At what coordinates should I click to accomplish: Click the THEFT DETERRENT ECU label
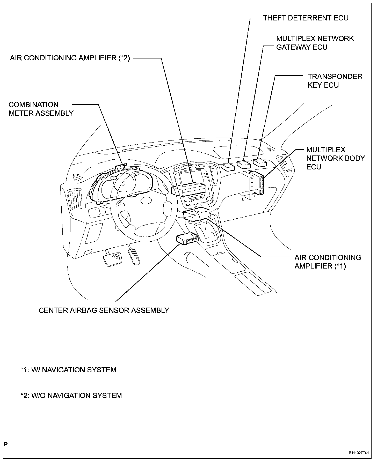pyautogui.click(x=306, y=18)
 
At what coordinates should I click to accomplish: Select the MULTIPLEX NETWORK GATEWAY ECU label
pyautogui.click(x=315, y=43)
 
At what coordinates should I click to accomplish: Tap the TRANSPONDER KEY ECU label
pyautogui.click(x=335, y=81)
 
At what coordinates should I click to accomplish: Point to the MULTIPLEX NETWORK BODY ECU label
pyautogui.click(x=335, y=158)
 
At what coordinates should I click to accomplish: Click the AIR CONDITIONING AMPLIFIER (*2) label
pyautogui.click(x=70, y=58)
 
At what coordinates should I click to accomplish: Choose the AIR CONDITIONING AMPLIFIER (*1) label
pyautogui.click(x=328, y=262)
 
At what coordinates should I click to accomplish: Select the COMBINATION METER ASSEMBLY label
pyautogui.click(x=41, y=109)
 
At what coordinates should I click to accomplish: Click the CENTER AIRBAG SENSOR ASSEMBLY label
pyautogui.click(x=104, y=310)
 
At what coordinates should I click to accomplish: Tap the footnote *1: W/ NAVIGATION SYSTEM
pyautogui.click(x=68, y=370)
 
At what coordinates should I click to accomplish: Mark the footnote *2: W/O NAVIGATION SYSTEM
pyautogui.click(x=71, y=396)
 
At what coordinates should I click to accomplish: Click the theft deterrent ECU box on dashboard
pyautogui.click(x=228, y=167)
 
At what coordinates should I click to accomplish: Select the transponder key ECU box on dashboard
pyautogui.click(x=260, y=163)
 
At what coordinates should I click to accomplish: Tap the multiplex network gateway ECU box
pyautogui.click(x=244, y=165)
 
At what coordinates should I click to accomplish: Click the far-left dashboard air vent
pyautogui.click(x=75, y=199)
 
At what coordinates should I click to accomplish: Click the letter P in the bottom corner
pyautogui.click(x=6, y=444)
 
